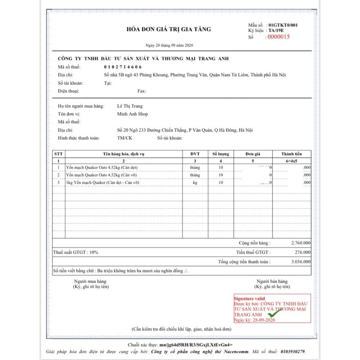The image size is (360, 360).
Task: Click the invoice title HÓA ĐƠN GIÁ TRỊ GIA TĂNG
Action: [168, 29]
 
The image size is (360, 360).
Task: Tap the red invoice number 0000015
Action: [279, 37]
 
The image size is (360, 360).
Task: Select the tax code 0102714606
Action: [122, 67]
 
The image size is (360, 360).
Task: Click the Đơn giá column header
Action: [253, 154]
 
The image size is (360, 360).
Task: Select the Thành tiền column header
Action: [291, 154]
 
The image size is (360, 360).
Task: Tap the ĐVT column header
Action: [195, 154]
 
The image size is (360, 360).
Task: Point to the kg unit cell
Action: [195, 183]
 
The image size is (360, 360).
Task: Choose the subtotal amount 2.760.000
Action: [301, 243]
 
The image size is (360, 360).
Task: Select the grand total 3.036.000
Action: [301, 261]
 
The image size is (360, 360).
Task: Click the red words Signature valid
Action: [249, 298]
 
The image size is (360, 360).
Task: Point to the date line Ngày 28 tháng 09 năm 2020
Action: [169, 46]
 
